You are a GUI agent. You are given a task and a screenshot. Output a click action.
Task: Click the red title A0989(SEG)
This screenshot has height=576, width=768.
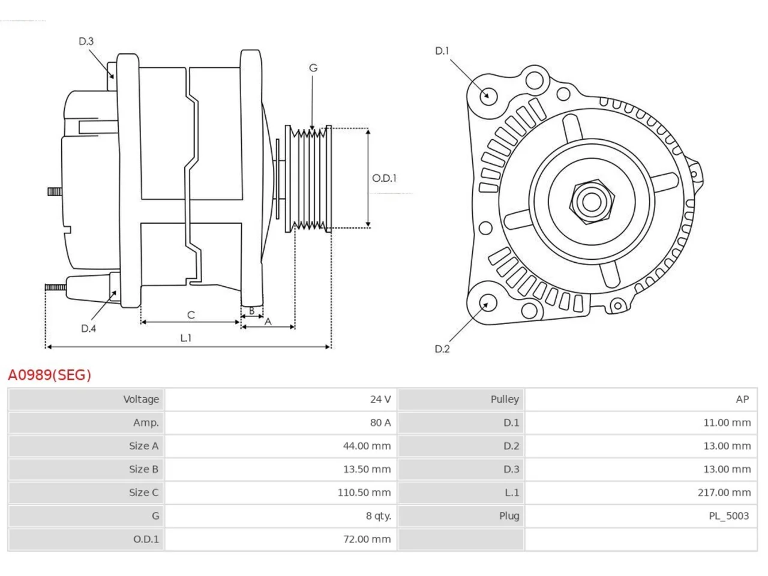pyautogui.click(x=49, y=375)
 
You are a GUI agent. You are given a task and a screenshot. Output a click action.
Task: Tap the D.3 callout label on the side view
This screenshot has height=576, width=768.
pyautogui.click(x=86, y=41)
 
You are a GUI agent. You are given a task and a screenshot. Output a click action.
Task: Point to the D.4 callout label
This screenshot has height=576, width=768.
pyautogui.click(x=88, y=328)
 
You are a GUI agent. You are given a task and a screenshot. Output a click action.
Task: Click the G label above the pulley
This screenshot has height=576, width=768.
pyautogui.click(x=313, y=68)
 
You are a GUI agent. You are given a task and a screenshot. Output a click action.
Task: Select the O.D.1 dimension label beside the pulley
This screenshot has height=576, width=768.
pyautogui.click(x=384, y=178)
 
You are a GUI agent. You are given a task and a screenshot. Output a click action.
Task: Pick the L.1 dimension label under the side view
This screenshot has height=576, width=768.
pyautogui.click(x=186, y=338)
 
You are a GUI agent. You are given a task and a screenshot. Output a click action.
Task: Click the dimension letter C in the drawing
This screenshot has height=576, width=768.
pyautogui.click(x=191, y=315)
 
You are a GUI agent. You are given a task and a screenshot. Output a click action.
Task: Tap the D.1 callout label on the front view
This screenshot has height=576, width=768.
pyautogui.click(x=442, y=51)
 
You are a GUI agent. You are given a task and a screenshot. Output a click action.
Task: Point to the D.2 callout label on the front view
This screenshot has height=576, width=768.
pyautogui.click(x=442, y=349)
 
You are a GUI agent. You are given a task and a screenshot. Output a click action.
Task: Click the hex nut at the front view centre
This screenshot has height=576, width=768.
pyautogui.click(x=592, y=202)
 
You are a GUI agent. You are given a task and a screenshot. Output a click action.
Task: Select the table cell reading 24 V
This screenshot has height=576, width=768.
pyautogui.click(x=380, y=400)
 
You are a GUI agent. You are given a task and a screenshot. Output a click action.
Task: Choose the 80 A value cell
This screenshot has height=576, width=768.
pyautogui.click(x=380, y=423)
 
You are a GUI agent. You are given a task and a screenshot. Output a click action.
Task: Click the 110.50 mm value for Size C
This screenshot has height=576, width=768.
pyautogui.click(x=364, y=493)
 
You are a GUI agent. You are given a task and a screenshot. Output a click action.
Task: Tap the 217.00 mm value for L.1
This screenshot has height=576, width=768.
pyautogui.click(x=724, y=493)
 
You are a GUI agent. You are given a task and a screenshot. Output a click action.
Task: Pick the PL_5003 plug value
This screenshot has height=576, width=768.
pyautogui.click(x=729, y=516)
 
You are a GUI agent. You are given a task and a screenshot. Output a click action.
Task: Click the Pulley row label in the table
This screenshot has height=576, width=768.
pyautogui.click(x=505, y=400)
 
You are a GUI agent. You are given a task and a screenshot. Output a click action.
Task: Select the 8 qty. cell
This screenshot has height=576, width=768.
pyautogui.click(x=378, y=516)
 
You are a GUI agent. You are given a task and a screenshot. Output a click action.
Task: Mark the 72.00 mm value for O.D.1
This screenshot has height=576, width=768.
pyautogui.click(x=367, y=539)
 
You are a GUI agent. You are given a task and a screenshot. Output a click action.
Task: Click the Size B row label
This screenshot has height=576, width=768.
pyautogui.click(x=143, y=469)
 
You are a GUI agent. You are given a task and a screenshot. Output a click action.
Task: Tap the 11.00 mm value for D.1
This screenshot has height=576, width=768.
pyautogui.click(x=727, y=423)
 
